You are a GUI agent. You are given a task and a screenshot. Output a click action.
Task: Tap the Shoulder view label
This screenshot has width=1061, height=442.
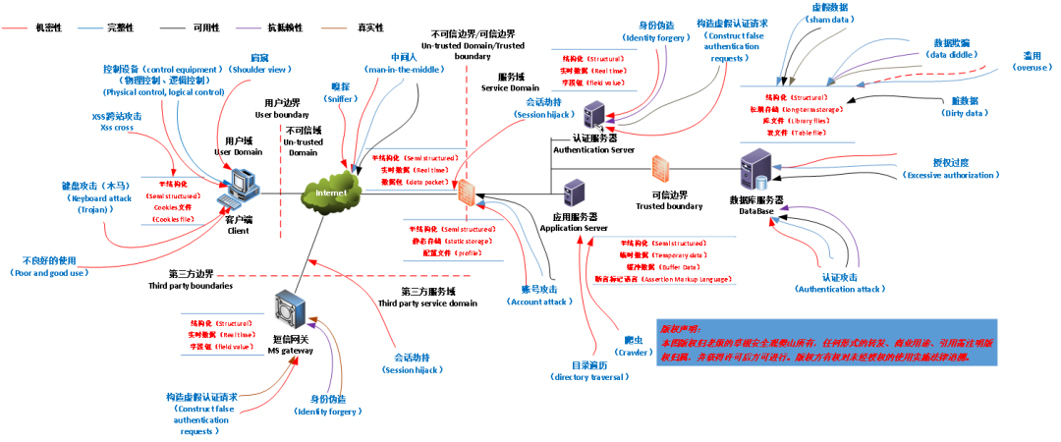[x=259, y=70]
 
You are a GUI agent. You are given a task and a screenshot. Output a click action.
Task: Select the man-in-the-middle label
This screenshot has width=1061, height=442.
[x=404, y=70]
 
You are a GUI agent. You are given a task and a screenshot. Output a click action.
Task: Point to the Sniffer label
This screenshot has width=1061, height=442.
[x=340, y=99]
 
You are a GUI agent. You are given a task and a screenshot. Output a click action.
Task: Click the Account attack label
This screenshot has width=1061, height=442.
[x=538, y=303]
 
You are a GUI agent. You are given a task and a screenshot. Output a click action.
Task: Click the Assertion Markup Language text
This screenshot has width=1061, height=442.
[x=688, y=279]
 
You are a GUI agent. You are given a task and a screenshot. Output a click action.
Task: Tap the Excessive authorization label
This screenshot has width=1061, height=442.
[x=950, y=175]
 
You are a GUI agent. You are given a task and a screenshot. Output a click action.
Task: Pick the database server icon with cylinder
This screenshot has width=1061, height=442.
[x=754, y=168]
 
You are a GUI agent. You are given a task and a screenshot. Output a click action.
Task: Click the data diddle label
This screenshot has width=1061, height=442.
[x=952, y=56]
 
